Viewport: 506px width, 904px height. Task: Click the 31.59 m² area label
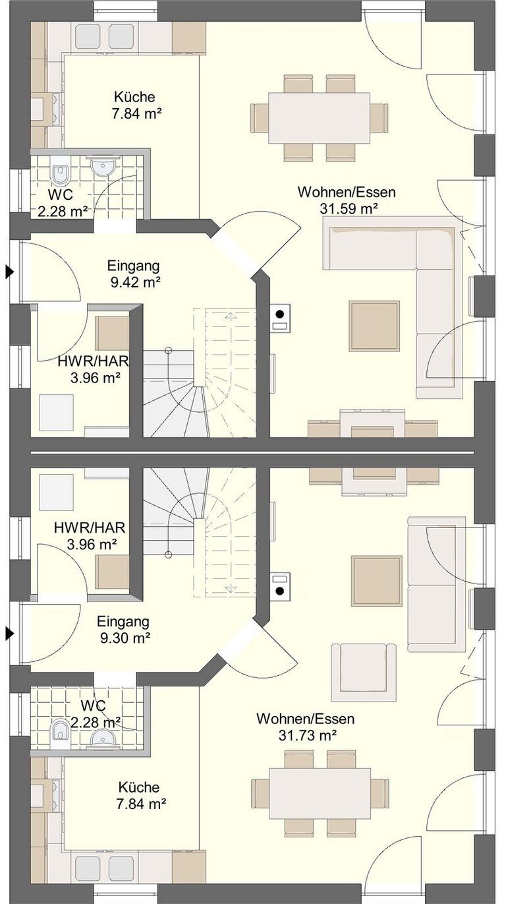[349, 209]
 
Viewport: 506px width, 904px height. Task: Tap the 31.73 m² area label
[308, 735]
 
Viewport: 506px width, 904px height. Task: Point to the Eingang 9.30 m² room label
[123, 629]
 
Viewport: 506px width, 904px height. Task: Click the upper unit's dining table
[320, 117]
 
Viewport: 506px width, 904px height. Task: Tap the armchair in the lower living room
[364, 672]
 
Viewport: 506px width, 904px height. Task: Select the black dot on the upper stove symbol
[280, 313]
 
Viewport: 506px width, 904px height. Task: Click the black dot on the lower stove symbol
[280, 591]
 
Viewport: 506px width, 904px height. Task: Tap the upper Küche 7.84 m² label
[134, 105]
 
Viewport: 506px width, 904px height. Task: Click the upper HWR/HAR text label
[94, 361]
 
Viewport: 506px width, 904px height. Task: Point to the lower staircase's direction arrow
[231, 588]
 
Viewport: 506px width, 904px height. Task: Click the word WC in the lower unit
[93, 706]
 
